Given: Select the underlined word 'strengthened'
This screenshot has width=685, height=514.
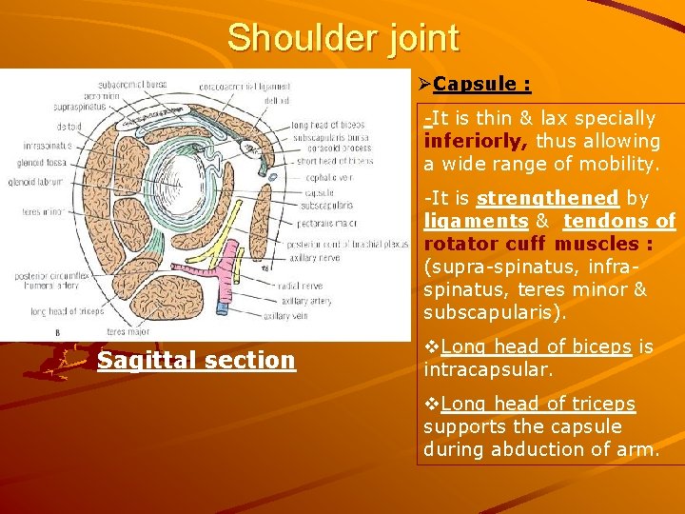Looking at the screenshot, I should (x=548, y=199).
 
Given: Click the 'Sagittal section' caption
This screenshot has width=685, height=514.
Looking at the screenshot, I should (x=196, y=361).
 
